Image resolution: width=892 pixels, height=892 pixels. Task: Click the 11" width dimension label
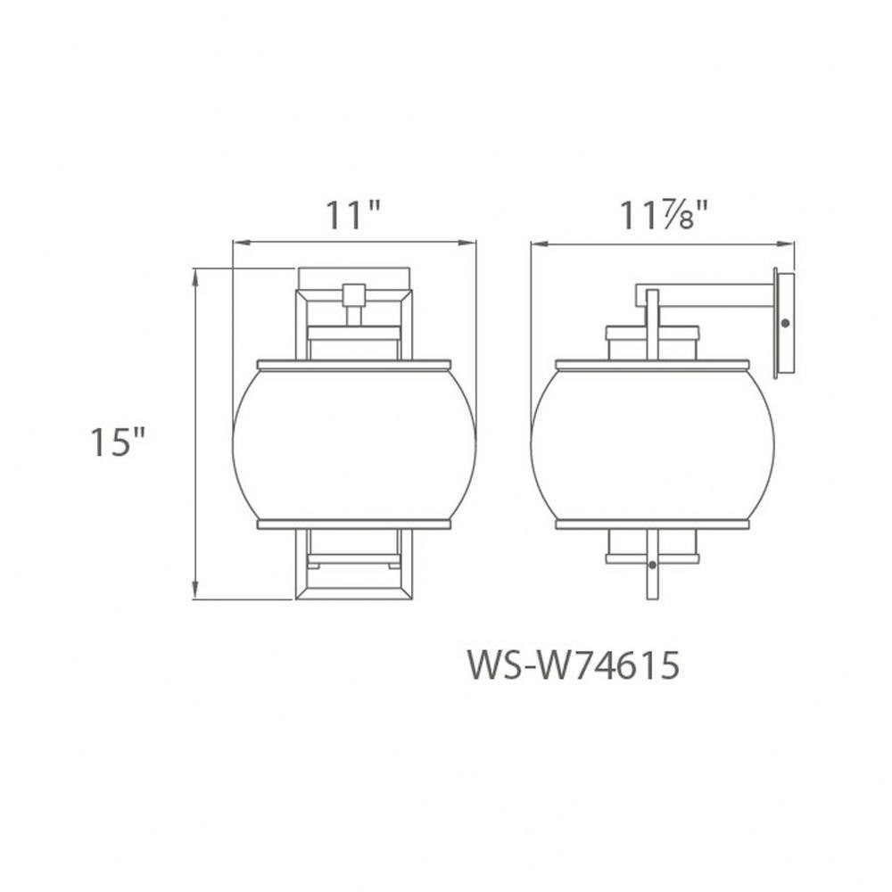tap(352, 216)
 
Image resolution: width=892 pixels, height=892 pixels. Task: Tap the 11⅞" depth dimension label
tap(664, 216)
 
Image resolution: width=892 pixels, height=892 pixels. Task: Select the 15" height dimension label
tap(118, 442)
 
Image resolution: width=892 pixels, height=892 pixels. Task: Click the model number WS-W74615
tap(574, 665)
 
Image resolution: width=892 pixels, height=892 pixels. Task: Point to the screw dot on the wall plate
tap(786, 323)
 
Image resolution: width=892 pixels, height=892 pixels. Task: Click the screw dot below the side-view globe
tap(653, 565)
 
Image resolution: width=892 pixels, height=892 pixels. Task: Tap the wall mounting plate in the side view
tap(784, 324)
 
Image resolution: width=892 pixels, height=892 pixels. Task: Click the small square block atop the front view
tap(354, 294)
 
